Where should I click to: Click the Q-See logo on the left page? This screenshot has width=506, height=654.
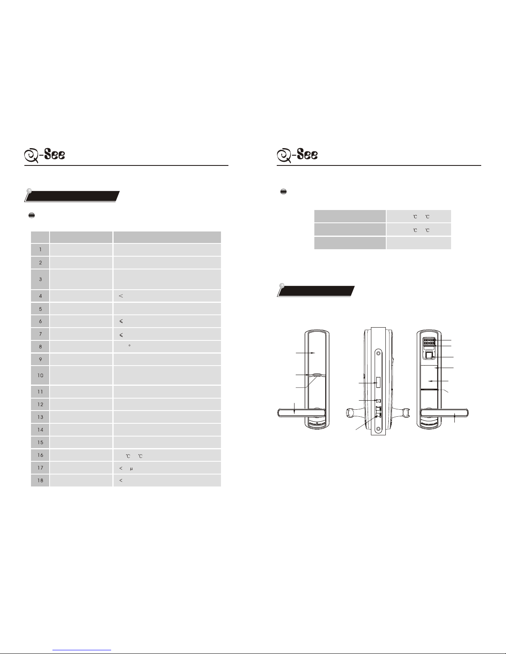pyautogui.click(x=45, y=155)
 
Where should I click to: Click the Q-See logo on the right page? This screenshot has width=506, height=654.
pyautogui.click(x=297, y=155)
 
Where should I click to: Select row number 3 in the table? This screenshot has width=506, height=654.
pyautogui.click(x=40, y=279)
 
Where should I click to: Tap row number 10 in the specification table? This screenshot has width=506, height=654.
pyautogui.click(x=40, y=375)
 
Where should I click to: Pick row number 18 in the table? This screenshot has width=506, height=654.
pyautogui.click(x=40, y=480)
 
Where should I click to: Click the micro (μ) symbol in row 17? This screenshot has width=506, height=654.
pyautogui.click(x=131, y=469)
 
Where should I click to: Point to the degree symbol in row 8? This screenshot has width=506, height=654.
pyautogui.click(x=130, y=345)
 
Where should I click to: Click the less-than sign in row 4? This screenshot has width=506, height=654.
pyautogui.click(x=121, y=296)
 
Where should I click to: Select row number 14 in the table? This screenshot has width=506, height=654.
pyautogui.click(x=40, y=430)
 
